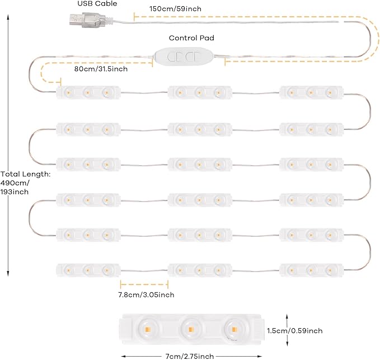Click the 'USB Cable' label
[x=97, y=4]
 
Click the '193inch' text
[x=16, y=191]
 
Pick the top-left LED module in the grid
[x=88, y=91]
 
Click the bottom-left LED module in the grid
[x=88, y=269]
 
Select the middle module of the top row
[x=199, y=91]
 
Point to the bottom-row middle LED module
[x=199, y=269]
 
